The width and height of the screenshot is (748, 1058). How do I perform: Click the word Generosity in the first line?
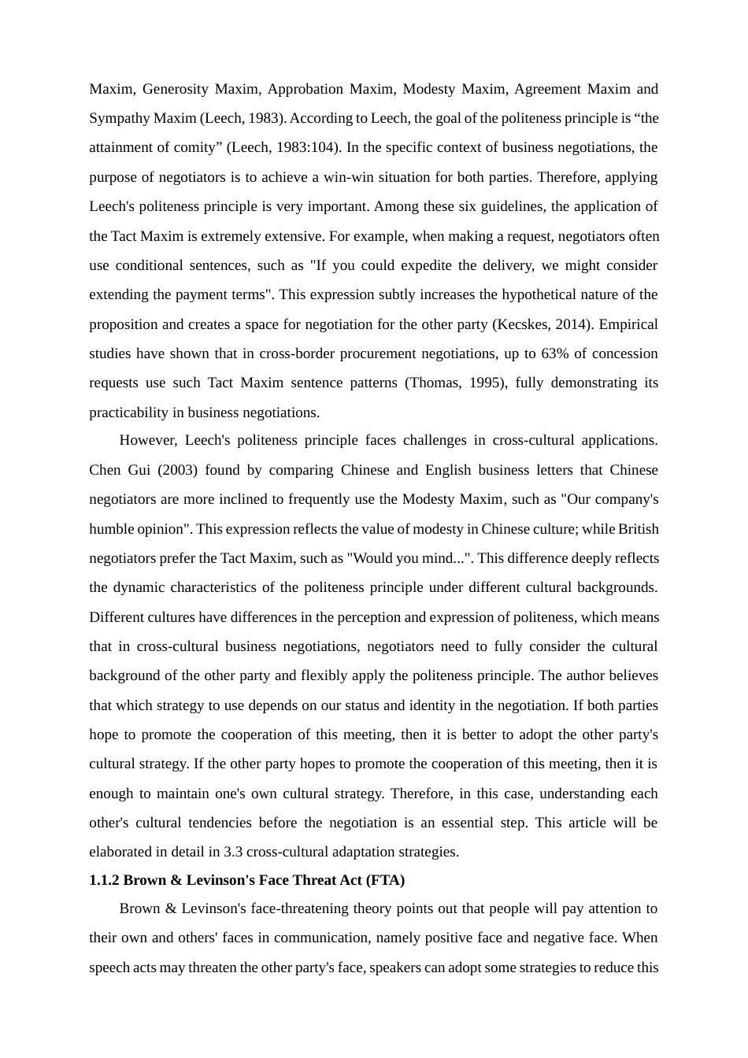(x=175, y=89)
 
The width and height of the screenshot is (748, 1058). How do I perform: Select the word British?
(x=638, y=529)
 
